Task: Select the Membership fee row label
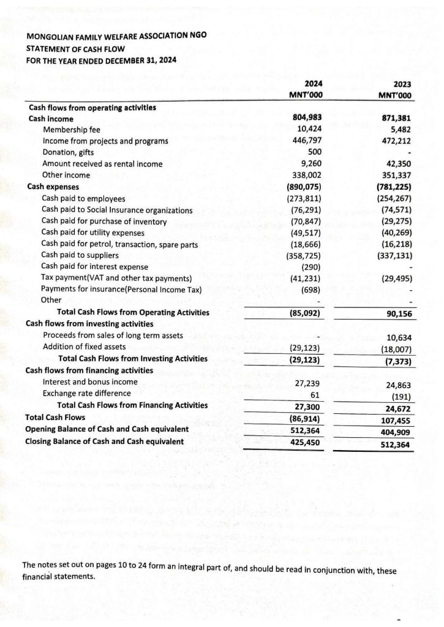pos(72,130)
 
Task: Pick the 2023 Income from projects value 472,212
pos(395,141)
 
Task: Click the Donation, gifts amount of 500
pos(315,152)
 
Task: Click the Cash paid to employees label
pos(83,198)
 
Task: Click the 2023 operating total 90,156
pos(396,313)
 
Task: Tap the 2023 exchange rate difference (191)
pos(400,396)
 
